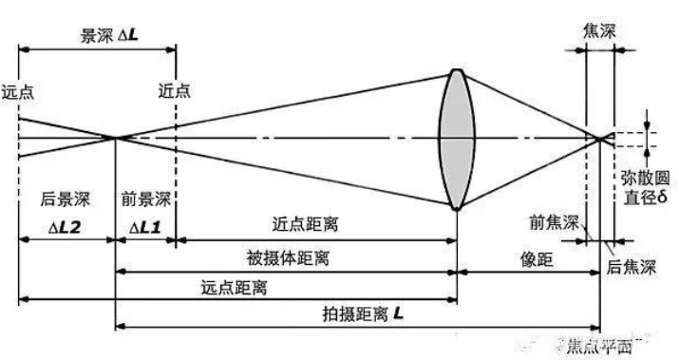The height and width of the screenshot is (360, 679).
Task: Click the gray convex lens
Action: (458, 139)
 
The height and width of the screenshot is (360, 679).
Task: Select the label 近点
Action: (176, 92)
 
